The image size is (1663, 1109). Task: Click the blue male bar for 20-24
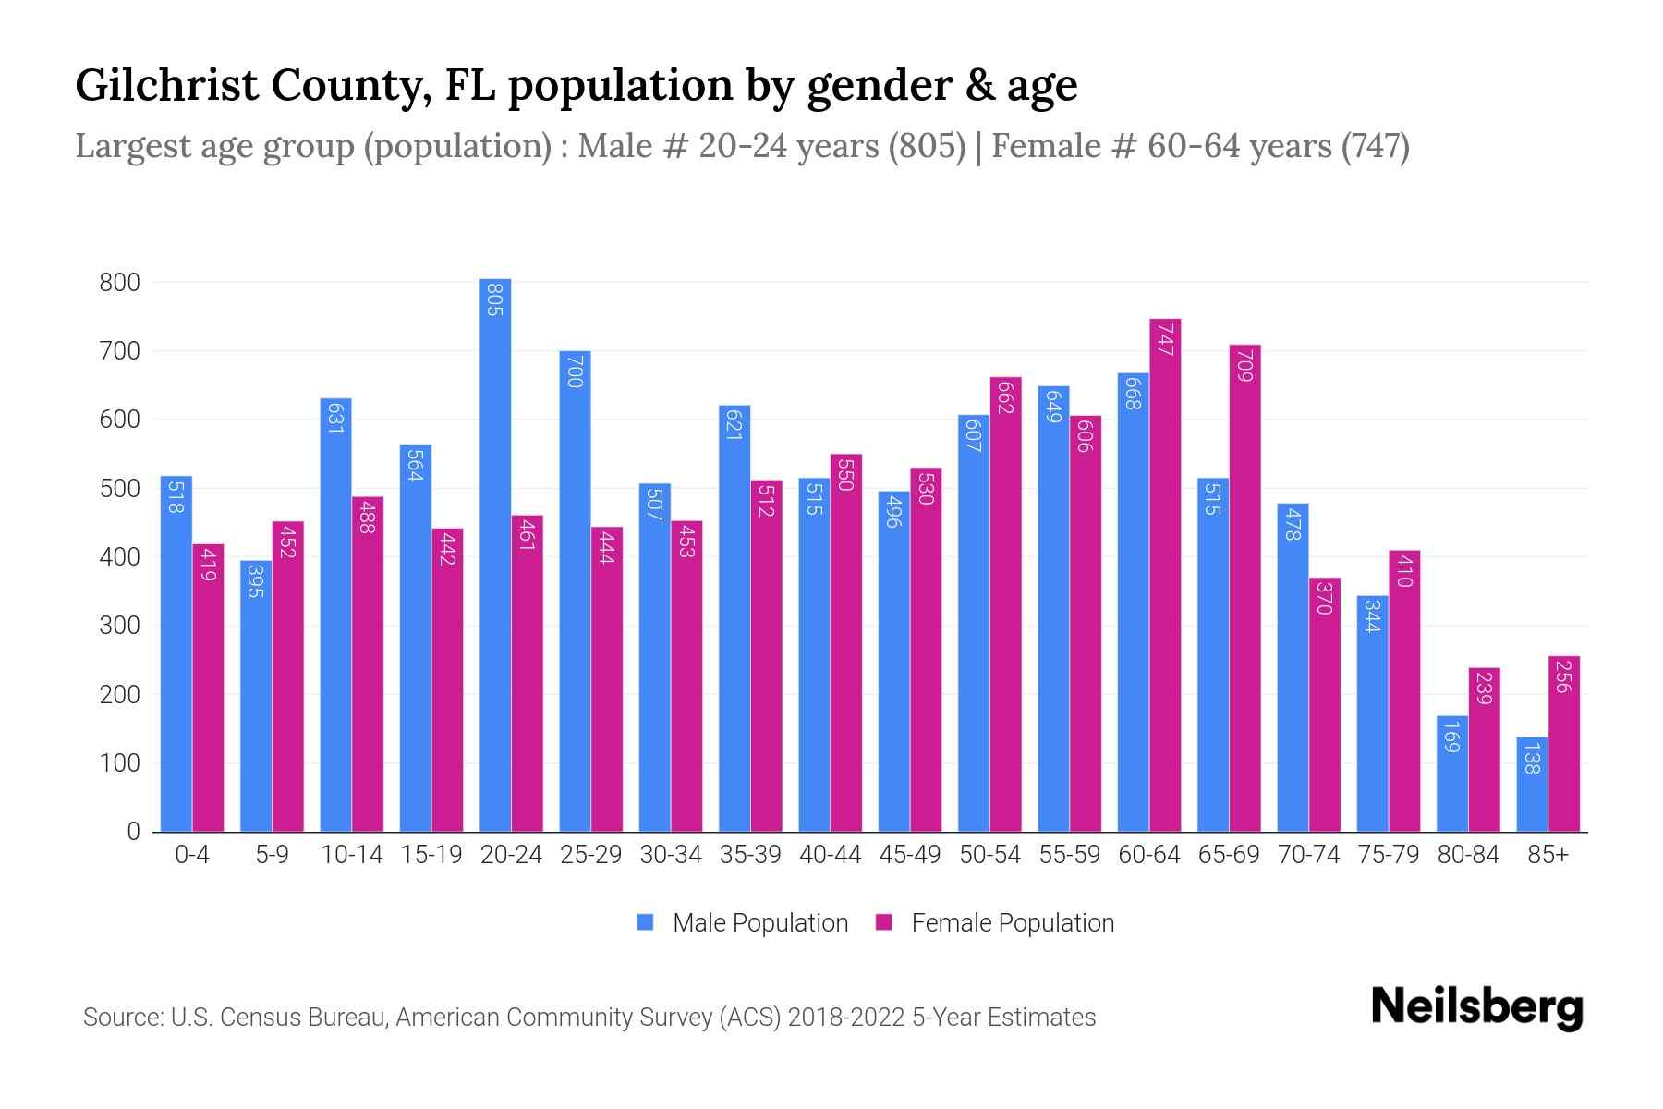[x=495, y=554]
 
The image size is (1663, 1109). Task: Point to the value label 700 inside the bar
[x=575, y=375]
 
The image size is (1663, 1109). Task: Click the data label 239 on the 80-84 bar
[x=1484, y=689]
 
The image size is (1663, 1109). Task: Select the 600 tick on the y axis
[x=119, y=420]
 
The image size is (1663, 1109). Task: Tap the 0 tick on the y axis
[x=133, y=832]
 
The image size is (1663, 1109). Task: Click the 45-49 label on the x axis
[x=910, y=855]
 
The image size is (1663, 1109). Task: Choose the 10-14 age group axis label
[x=351, y=855]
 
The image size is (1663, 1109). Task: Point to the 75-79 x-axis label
[x=1388, y=855]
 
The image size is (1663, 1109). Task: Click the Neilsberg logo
[x=1476, y=1007]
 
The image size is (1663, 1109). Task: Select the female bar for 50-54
[x=1005, y=604]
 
